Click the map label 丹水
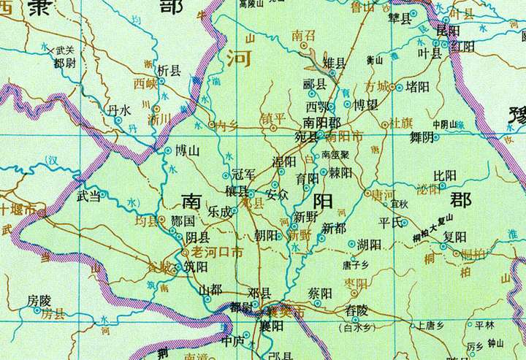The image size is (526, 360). click(x=118, y=110)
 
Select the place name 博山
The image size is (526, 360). click(x=187, y=151)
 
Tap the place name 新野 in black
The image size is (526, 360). click(x=306, y=217)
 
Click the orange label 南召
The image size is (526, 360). click(x=302, y=35)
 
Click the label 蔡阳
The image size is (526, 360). click(x=321, y=293)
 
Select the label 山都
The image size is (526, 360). click(x=210, y=289)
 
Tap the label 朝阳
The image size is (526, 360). click(x=267, y=235)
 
